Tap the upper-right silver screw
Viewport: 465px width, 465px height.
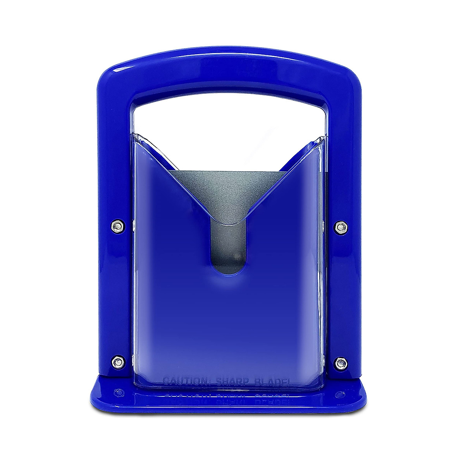(340, 227)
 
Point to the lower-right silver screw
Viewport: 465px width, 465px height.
(340, 363)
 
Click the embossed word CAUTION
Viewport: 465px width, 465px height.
(185, 381)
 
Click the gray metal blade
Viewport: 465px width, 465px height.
(229, 194)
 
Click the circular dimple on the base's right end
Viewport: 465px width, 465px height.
(340, 394)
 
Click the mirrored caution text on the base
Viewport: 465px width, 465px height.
(229, 396)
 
